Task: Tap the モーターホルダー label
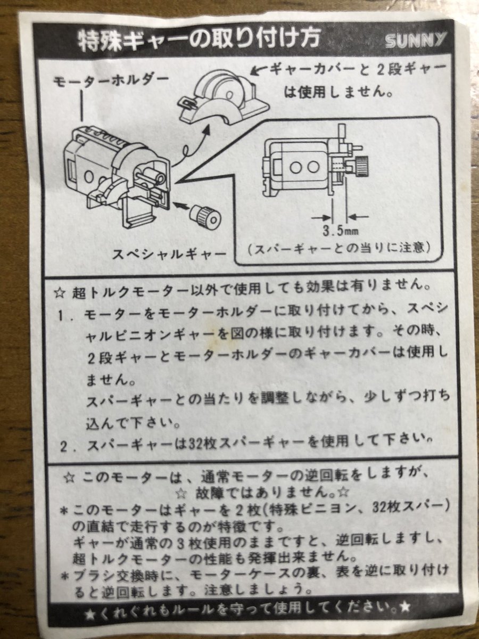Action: (111, 80)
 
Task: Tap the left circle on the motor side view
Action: (296, 167)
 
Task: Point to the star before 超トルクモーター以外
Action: (60, 293)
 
